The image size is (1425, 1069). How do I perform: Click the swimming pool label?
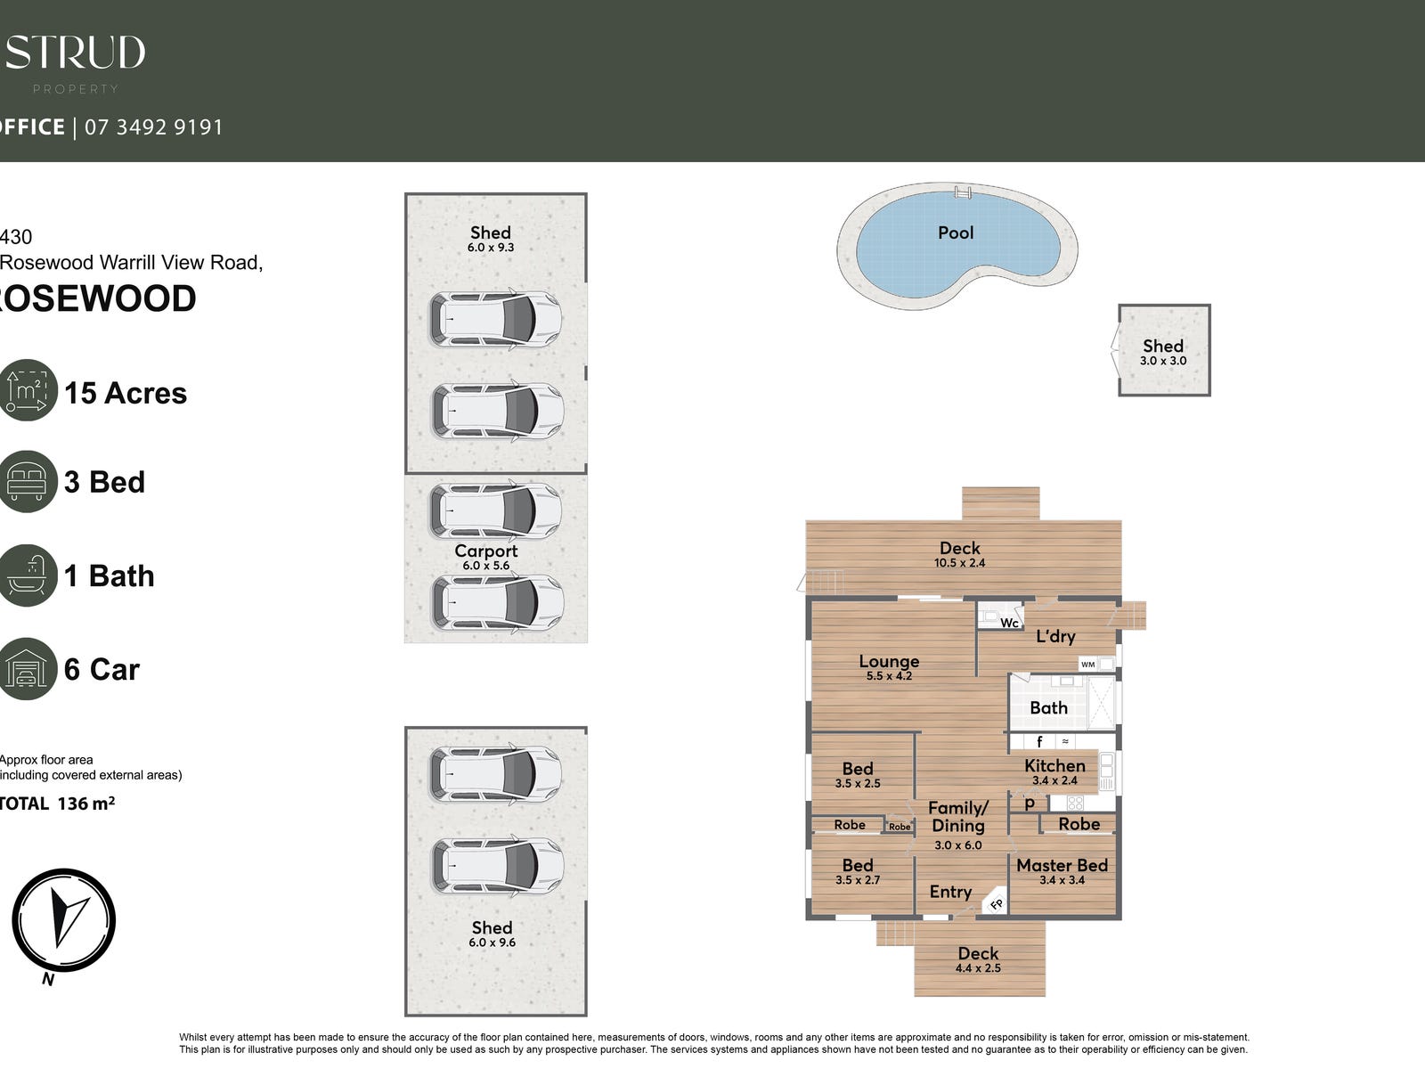[956, 233]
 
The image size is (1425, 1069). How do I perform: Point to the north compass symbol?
[63, 919]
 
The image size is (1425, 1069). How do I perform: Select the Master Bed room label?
[1062, 866]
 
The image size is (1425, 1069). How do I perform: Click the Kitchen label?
[1054, 766]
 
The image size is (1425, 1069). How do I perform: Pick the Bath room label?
[1048, 708]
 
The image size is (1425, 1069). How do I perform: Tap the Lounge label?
[889, 662]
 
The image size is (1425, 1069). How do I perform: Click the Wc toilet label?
[1009, 623]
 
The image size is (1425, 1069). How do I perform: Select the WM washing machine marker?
[1087, 665]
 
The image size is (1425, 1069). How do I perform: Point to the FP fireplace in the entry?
[997, 904]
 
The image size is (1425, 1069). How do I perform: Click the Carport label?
[485, 551]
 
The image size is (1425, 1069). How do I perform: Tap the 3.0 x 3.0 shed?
[1163, 350]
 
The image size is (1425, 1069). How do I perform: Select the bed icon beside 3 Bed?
[27, 482]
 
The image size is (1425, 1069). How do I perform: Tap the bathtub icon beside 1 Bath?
[27, 575]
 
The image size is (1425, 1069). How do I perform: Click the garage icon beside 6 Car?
[27, 669]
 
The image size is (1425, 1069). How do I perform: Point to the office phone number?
[153, 127]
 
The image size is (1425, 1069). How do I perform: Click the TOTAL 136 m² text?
[57, 804]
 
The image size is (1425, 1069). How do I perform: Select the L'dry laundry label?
[1055, 636]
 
